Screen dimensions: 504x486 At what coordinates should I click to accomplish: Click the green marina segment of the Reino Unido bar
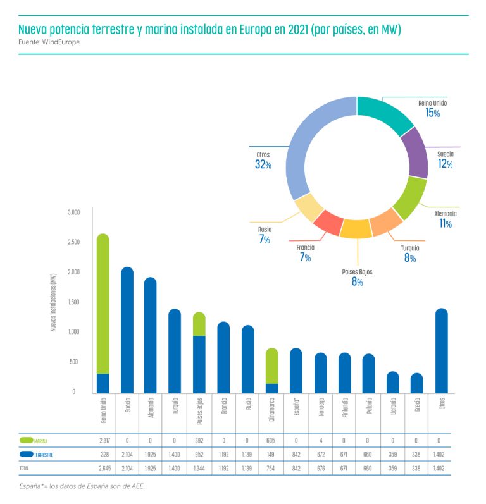coord(103,304)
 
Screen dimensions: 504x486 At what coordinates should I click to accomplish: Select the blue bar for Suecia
coord(127,329)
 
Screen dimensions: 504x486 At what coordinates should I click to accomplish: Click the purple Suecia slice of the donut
coord(415,152)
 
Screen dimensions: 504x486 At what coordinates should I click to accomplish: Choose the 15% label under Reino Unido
coord(433,113)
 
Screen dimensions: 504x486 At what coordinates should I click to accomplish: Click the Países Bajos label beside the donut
coord(357,272)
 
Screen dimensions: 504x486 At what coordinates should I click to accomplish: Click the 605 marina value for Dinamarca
coord(272,441)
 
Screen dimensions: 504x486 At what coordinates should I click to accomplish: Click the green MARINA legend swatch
coord(26,440)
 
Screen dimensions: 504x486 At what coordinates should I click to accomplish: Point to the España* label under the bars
coord(296,410)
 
